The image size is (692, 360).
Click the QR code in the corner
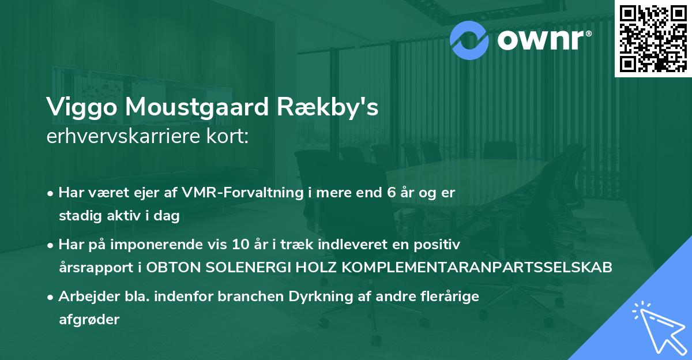653,38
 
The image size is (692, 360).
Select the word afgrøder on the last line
89,320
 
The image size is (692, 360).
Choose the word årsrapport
93,268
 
